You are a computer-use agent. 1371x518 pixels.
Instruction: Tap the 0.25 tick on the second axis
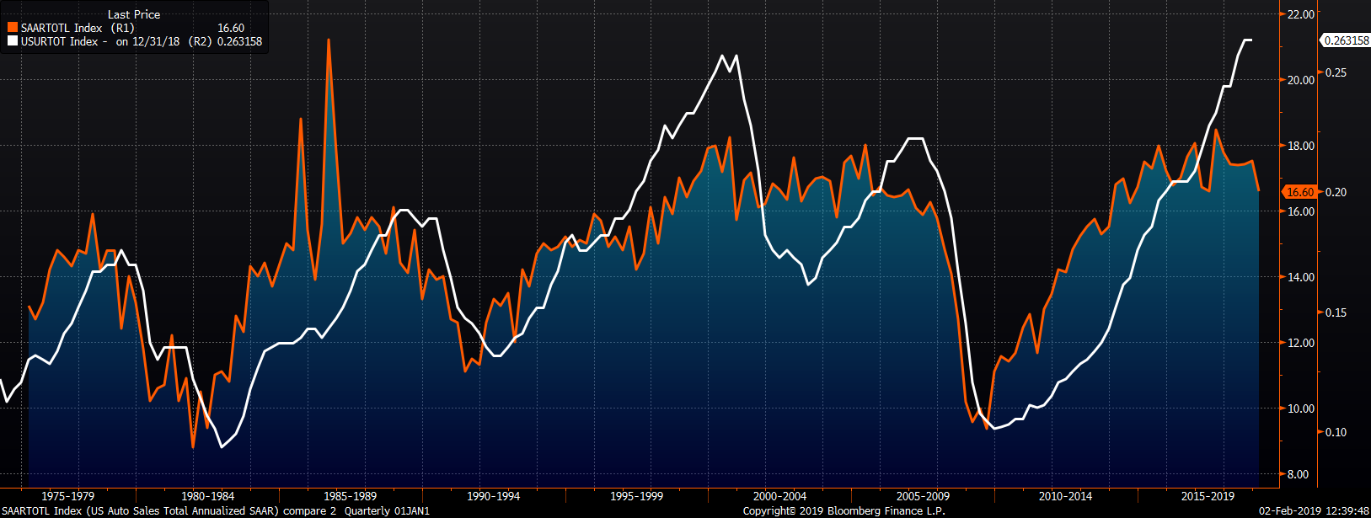(1337, 73)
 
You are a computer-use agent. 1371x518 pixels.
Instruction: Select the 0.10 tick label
(1337, 432)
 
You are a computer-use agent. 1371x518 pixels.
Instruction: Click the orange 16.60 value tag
(1300, 192)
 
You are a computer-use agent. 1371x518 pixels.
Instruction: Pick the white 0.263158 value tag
(1346, 40)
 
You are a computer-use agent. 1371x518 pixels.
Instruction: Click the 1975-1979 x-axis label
(67, 496)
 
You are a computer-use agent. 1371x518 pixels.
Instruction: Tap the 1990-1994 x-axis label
(493, 496)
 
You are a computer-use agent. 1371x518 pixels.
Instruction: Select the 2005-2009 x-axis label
(923, 496)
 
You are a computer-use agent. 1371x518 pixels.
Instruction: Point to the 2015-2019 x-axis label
(1208, 496)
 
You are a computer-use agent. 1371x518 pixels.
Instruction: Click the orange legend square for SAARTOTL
(13, 28)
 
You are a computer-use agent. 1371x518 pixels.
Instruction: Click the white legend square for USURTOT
(13, 41)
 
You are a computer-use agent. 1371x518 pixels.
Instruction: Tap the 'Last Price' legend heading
(133, 14)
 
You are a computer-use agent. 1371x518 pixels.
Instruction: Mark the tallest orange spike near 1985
(329, 40)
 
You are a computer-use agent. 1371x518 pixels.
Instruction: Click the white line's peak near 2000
(722, 56)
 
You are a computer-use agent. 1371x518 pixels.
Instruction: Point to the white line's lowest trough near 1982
(222, 446)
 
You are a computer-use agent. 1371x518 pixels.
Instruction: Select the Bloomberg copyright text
(843, 511)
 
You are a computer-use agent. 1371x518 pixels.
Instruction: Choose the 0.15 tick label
(1337, 312)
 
